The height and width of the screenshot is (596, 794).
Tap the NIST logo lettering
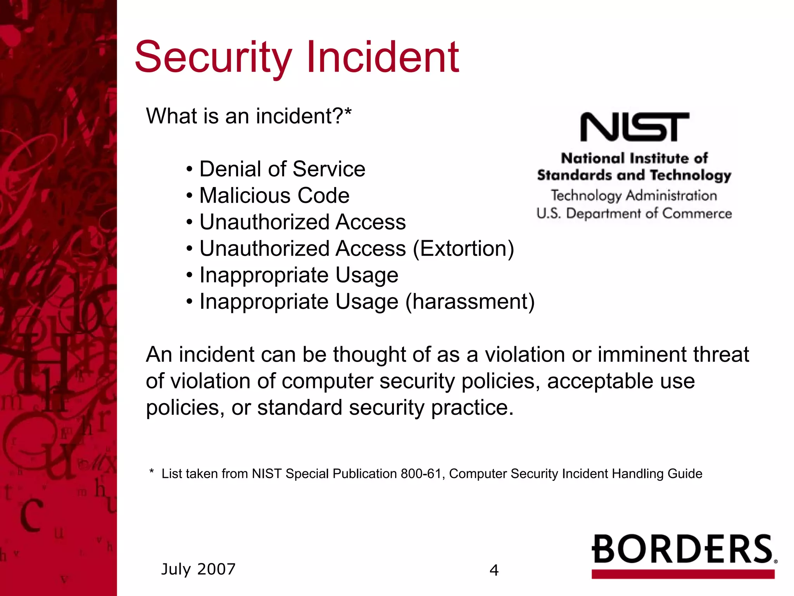click(634, 127)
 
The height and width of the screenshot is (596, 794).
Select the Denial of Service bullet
click(282, 169)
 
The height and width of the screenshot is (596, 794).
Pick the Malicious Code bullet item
click(274, 196)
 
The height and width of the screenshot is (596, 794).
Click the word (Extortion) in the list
click(463, 249)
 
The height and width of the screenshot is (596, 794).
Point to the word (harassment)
click(470, 302)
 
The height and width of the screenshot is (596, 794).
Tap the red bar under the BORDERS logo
click(683, 574)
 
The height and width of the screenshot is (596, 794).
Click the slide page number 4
click(494, 570)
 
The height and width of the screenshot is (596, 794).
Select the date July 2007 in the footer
click(198, 569)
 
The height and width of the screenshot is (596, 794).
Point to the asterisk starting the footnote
click(152, 472)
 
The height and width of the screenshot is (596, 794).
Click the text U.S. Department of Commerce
click(634, 214)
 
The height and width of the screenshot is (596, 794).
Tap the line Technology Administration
click(634, 196)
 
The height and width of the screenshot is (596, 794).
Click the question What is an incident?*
click(249, 116)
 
